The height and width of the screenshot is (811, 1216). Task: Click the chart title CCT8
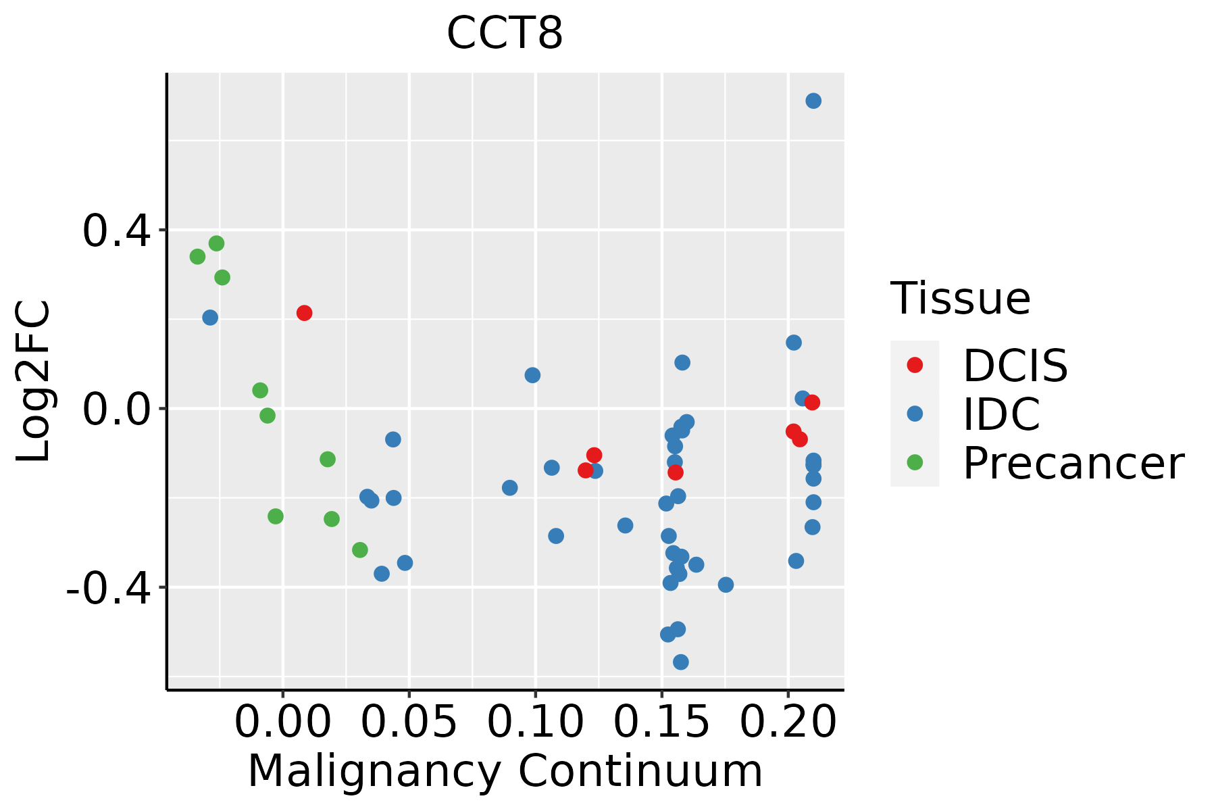coord(505,33)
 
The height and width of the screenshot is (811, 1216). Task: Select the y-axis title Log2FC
coord(34,381)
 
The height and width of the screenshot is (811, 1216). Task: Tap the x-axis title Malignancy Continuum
coord(505,771)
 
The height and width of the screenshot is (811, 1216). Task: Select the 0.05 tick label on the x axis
coord(409,722)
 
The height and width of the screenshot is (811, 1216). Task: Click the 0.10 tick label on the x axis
coord(535,722)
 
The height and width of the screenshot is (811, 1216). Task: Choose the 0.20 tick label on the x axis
coord(788,722)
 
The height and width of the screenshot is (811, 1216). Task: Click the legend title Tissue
coord(961,298)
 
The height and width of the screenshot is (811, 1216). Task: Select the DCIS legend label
coord(1015,366)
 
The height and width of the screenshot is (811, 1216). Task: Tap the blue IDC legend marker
coord(915,414)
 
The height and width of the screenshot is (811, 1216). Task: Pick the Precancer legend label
coord(1073,463)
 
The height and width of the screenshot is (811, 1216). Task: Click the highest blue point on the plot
coord(813,101)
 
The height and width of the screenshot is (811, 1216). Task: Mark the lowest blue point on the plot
coord(681,662)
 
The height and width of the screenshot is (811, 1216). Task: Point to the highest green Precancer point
coord(216,243)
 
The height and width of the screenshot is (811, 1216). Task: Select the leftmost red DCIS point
coord(304,313)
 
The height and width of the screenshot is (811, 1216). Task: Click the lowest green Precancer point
coord(360,550)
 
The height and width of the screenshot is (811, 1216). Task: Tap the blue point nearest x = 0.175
coord(726,585)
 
